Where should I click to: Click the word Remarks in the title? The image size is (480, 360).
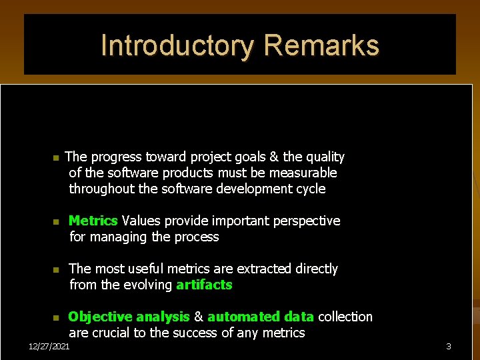[x=321, y=46]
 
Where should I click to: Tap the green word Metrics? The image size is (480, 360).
[x=93, y=221]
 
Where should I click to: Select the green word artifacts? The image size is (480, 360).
[x=204, y=285]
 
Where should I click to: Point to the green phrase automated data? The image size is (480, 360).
[x=261, y=317]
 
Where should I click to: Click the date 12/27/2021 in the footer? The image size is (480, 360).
[x=49, y=347]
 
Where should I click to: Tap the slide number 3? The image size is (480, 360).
[x=449, y=347]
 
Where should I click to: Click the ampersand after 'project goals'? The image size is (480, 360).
[x=274, y=157]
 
